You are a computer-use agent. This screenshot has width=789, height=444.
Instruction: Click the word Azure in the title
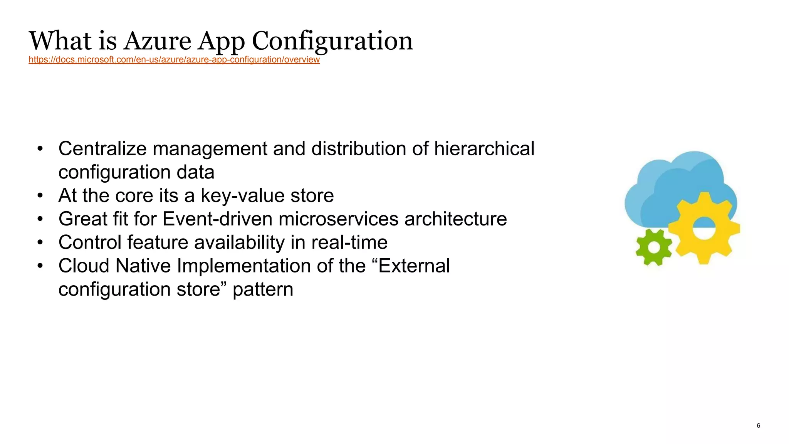[x=157, y=41]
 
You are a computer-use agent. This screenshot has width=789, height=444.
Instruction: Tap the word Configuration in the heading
[x=332, y=41]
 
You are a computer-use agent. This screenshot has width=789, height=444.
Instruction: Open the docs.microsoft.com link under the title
[x=174, y=60]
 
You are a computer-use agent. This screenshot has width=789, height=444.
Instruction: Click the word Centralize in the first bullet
[x=102, y=149]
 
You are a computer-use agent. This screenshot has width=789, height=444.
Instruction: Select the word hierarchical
[x=484, y=149]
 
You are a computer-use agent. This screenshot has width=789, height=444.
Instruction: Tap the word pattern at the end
[x=263, y=289]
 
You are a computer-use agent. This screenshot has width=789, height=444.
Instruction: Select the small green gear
[x=653, y=247]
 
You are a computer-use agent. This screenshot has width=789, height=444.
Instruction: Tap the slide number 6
[x=758, y=425]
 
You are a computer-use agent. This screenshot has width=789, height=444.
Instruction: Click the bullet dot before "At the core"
[x=40, y=196]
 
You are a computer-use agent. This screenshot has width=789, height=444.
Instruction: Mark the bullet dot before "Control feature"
[x=40, y=243]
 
